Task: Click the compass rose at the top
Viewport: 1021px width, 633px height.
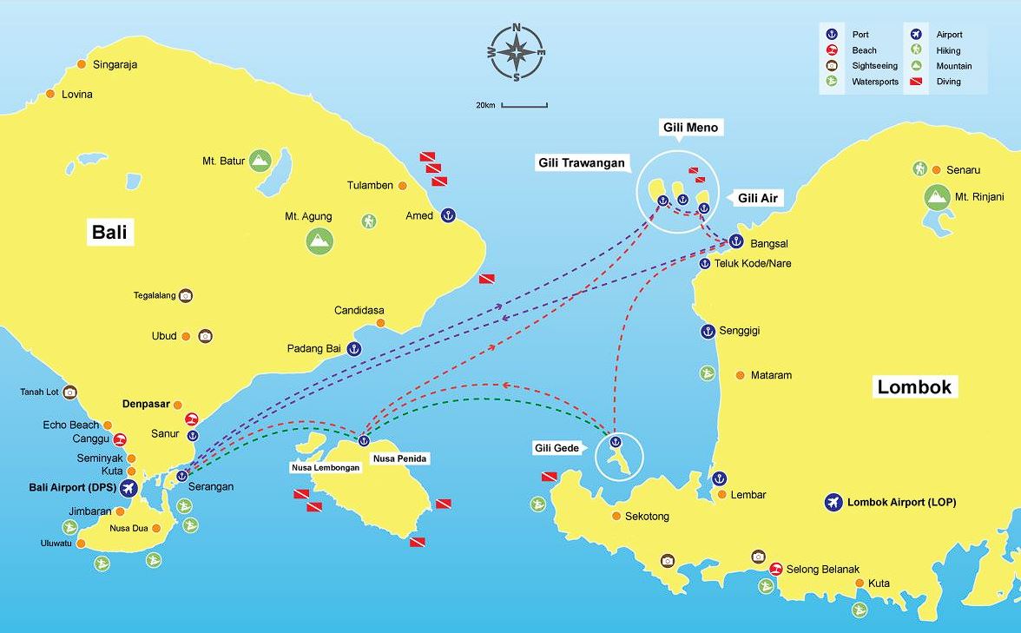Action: [517, 53]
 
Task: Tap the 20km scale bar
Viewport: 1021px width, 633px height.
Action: [524, 106]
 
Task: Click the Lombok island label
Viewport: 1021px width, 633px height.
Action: [914, 387]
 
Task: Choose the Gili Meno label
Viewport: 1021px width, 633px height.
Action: [691, 128]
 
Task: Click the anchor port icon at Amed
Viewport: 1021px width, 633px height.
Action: [448, 215]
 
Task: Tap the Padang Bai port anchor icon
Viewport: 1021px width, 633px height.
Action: [353, 349]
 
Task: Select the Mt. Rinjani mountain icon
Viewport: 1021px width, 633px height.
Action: [936, 197]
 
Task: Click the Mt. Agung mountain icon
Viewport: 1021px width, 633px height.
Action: [319, 240]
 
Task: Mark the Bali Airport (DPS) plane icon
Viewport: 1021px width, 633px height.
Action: [128, 488]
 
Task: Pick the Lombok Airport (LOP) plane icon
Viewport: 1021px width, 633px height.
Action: [833, 502]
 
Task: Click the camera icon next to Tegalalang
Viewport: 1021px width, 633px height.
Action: [186, 295]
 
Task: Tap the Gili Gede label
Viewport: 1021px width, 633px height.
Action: [556, 448]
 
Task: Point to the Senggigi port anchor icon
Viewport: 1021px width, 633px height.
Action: [707, 331]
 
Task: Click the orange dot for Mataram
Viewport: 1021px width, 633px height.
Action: [740, 375]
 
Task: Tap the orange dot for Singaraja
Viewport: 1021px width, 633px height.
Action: [82, 64]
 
